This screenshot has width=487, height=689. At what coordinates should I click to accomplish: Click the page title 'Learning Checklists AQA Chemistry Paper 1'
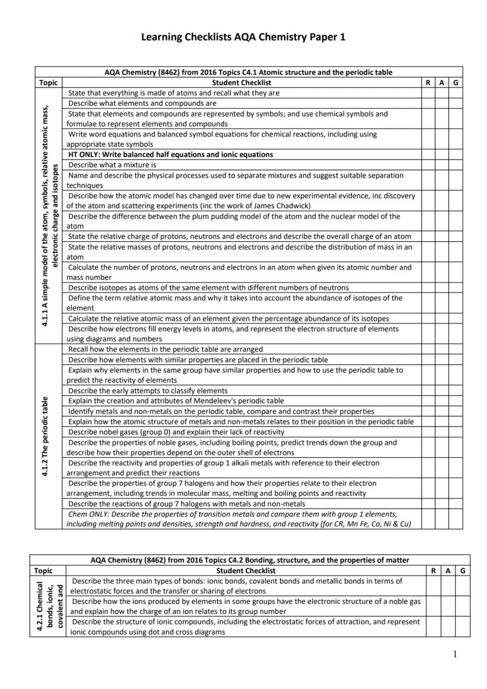[243, 37]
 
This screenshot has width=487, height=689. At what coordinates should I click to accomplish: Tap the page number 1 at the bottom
[455, 654]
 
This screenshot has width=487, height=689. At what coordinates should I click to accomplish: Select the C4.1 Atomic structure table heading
[248, 72]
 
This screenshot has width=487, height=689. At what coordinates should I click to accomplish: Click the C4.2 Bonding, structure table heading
[250, 560]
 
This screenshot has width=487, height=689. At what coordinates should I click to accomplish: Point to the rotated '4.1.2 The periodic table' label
[45, 436]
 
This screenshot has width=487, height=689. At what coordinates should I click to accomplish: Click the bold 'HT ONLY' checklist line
[170, 155]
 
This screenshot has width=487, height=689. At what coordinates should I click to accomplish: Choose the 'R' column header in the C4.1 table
[428, 83]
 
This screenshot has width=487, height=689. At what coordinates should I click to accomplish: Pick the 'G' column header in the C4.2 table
[463, 570]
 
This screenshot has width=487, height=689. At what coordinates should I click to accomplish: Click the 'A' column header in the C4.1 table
[442, 83]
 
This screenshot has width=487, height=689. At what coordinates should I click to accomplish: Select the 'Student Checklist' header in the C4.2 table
[246, 570]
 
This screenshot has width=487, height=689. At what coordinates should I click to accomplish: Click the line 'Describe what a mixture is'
[112, 165]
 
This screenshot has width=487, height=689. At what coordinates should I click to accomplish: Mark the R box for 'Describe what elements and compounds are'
[428, 104]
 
